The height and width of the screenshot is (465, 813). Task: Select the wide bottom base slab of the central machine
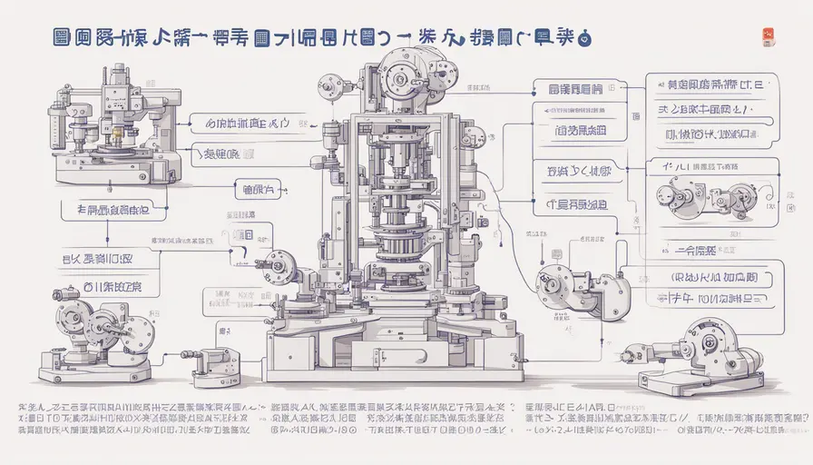pos(392,367)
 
